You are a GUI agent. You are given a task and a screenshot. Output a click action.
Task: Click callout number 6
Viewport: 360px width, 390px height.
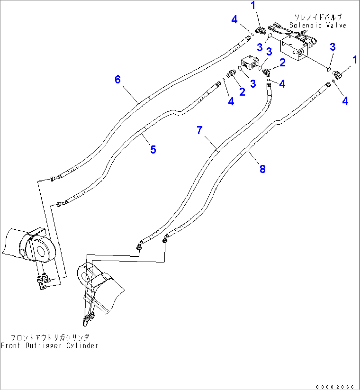[x=118, y=80]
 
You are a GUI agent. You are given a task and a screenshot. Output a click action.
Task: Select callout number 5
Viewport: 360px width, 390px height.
[x=153, y=149]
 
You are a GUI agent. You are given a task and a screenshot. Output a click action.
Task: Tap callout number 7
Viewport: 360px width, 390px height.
[x=199, y=131]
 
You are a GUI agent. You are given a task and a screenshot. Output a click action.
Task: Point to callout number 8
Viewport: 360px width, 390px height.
[x=263, y=169]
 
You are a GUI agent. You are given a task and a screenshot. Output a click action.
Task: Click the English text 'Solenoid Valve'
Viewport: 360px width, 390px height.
[x=318, y=25]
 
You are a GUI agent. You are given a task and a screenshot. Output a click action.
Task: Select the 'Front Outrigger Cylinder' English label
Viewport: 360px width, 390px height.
[x=50, y=346]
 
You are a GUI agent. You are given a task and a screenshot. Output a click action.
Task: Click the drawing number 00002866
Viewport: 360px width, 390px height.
[x=335, y=387]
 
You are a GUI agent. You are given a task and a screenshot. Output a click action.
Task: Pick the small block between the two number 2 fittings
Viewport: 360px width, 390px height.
[x=250, y=62]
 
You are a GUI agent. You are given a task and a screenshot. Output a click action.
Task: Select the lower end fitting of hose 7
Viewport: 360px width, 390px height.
[x=140, y=245]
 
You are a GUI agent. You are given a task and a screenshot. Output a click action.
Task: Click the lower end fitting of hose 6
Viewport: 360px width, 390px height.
[x=55, y=178]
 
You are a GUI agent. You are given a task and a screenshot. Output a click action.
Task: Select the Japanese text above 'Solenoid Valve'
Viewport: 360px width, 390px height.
[x=318, y=17]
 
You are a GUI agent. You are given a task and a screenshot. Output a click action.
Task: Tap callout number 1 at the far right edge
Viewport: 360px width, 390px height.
[x=355, y=60]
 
